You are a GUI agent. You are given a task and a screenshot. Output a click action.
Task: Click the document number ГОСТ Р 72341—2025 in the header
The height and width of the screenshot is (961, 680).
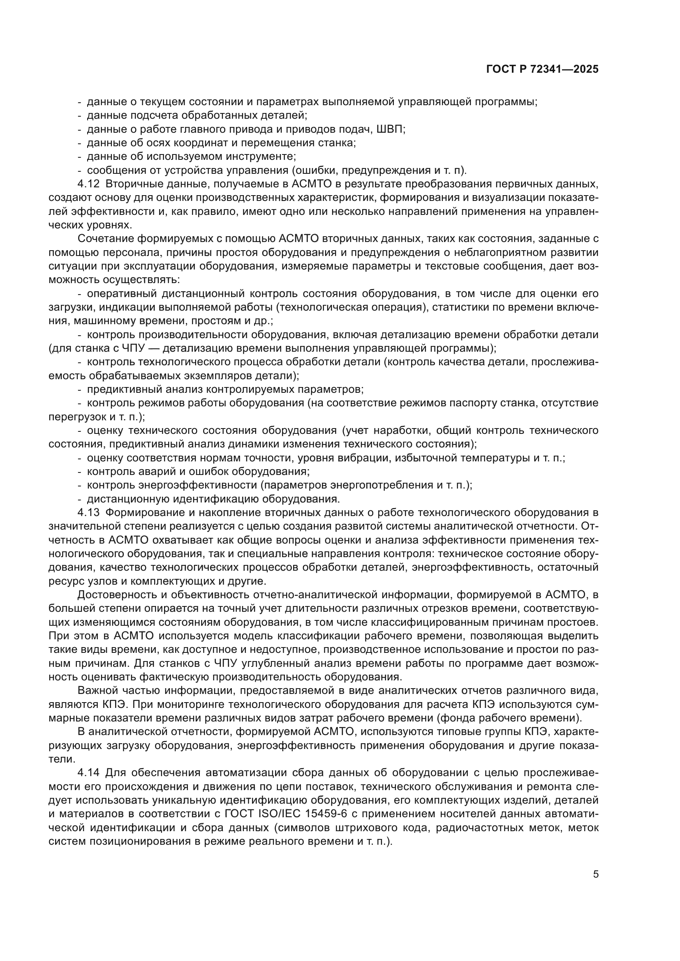pos(542,69)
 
